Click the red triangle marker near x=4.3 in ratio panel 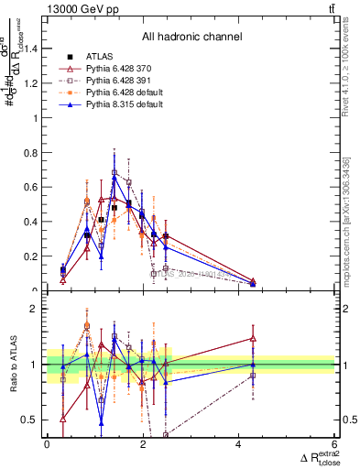[x=253, y=339]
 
